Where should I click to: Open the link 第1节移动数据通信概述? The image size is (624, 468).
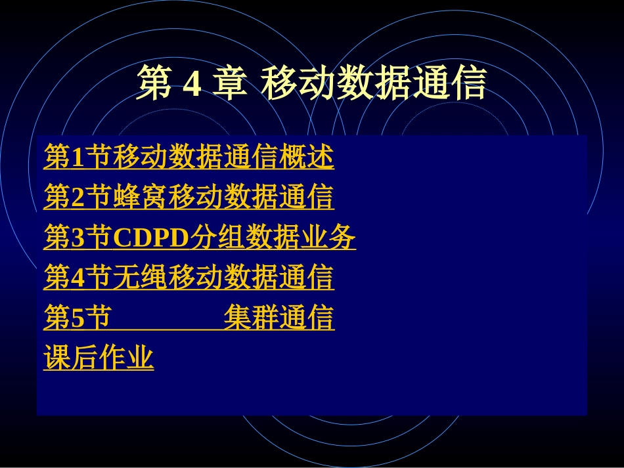(189, 157)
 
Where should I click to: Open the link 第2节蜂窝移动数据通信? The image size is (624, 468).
(189, 197)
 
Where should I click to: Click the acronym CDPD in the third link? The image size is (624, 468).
(151, 238)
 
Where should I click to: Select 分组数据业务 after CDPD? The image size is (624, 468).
(273, 238)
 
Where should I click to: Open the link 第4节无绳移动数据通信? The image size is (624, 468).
(189, 278)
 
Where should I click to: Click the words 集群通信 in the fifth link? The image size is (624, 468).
(279, 318)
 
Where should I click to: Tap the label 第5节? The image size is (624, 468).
(76, 318)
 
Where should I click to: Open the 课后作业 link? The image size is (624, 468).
(99, 358)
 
